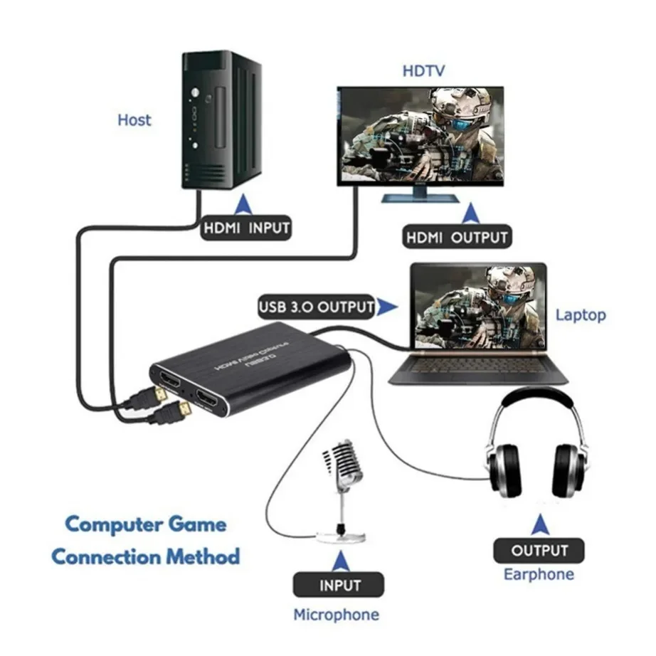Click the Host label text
click(x=134, y=120)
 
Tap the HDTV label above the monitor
click(x=424, y=70)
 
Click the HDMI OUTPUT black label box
click(x=456, y=238)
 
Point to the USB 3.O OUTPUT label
click(x=316, y=307)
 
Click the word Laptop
click(x=581, y=314)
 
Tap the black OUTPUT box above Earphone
click(x=539, y=550)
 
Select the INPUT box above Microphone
click(x=339, y=586)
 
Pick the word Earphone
click(x=539, y=574)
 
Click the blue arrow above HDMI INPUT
click(x=245, y=204)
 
